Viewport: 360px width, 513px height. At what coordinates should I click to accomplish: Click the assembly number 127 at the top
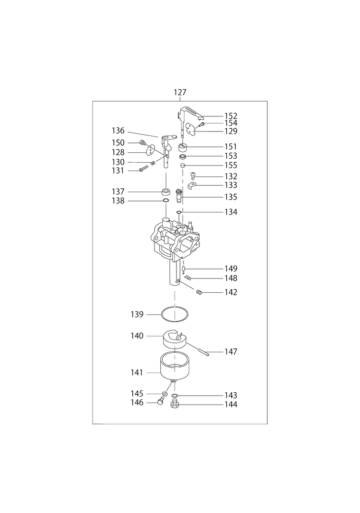(180, 92)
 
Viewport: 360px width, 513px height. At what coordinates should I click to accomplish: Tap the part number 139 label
(137, 314)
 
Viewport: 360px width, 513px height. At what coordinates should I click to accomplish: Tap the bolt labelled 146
(160, 402)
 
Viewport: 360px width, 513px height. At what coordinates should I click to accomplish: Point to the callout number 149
(231, 269)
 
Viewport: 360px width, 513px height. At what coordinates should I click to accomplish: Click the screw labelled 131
(143, 170)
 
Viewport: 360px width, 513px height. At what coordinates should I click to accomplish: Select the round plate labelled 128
(151, 151)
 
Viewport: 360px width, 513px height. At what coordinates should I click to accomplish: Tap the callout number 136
(118, 131)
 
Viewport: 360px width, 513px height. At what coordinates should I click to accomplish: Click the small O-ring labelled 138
(166, 201)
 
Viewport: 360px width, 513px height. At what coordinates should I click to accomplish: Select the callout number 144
(230, 405)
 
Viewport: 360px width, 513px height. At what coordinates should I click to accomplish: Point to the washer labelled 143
(175, 396)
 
